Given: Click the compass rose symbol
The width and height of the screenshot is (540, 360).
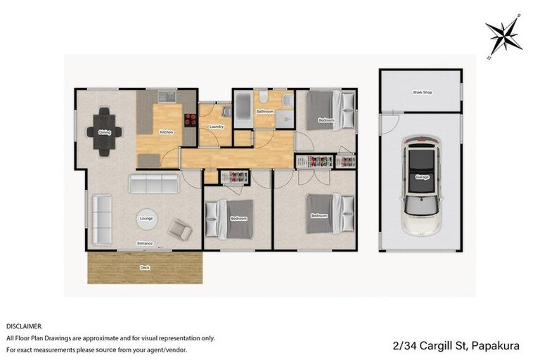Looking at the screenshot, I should pos(503,36).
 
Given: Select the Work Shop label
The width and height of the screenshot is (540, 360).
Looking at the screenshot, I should pos(422,92).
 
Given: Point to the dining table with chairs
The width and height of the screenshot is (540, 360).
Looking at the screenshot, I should pos(105,131).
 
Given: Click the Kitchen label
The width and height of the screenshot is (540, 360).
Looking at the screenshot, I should pos(166,132).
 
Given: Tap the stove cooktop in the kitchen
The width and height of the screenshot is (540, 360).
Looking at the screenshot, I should pos(190,120).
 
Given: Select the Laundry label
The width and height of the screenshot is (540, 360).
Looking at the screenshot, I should pos(217,127).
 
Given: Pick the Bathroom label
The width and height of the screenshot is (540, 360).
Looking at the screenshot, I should pos(264,112).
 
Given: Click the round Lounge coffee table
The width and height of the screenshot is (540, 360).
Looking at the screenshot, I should pos(146,219).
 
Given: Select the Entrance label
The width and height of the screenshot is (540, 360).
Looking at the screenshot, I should pos(145,244).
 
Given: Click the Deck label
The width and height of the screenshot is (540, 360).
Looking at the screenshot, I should pos(145,268).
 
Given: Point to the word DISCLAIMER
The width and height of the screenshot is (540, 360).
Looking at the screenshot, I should pos(25,326).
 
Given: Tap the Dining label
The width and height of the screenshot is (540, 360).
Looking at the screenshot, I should pos(105,132).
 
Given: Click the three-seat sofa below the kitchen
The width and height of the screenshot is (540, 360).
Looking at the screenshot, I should pos(153,185).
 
